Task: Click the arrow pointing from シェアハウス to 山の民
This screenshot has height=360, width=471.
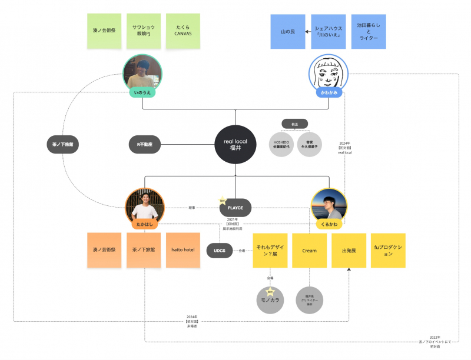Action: (308, 31)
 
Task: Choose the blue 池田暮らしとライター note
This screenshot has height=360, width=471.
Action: (368, 31)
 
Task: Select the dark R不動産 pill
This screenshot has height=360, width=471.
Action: (145, 145)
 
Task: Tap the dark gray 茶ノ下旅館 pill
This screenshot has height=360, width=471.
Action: (63, 145)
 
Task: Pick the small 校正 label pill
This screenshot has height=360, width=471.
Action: (294, 124)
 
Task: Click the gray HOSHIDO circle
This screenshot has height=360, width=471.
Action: (281, 145)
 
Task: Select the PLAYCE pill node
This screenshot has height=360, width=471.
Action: (235, 208)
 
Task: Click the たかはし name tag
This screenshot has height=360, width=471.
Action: (144, 224)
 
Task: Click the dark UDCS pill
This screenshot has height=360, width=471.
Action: (220, 251)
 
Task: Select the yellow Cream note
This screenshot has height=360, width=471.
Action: (310, 251)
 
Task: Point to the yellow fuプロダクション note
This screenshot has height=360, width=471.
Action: (388, 251)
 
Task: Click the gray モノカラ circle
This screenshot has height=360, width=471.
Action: (270, 299)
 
